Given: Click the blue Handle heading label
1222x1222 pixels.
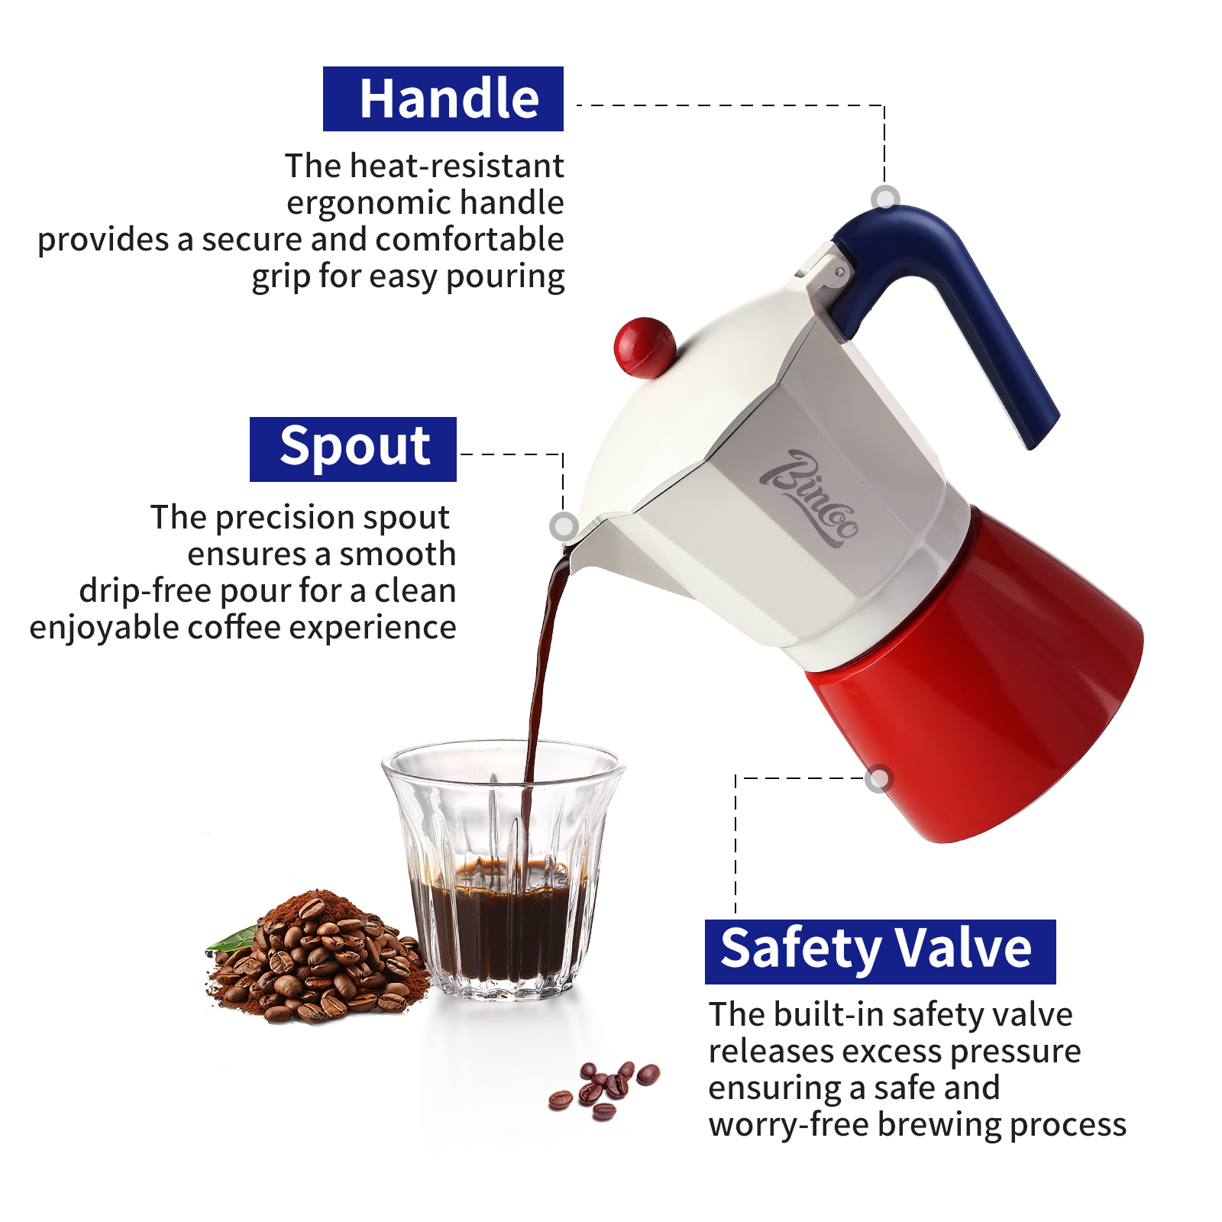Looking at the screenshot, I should (443, 99).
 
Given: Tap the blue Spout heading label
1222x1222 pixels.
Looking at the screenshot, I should (353, 449).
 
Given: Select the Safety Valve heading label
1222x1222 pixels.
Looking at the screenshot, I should (880, 952).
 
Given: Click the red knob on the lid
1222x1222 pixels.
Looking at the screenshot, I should (644, 348).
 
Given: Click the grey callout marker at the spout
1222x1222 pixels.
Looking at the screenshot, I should (564, 525).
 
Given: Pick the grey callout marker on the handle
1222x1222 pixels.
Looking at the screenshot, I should (885, 199).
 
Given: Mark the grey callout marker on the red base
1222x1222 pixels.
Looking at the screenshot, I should (879, 778).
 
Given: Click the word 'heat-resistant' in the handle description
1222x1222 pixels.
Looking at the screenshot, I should (457, 166).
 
